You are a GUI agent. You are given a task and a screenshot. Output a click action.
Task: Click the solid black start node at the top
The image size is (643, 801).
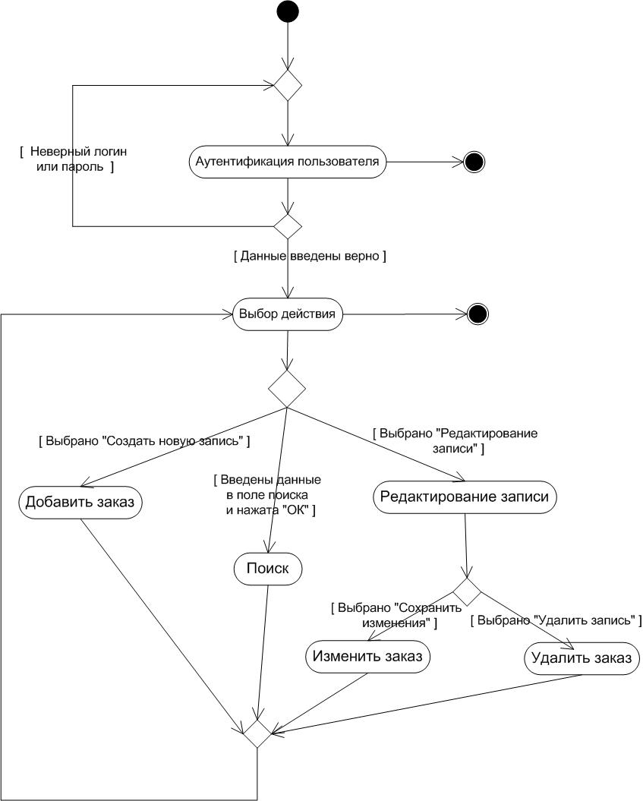[x=288, y=11]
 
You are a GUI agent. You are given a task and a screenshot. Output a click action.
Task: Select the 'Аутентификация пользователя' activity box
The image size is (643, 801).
[x=288, y=162]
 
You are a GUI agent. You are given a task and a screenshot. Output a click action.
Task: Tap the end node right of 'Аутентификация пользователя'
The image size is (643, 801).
[x=474, y=162]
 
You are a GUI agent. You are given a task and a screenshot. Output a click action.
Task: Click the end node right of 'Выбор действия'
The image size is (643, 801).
[x=478, y=314]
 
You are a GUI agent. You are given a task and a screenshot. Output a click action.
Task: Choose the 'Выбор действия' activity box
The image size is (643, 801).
[x=287, y=314]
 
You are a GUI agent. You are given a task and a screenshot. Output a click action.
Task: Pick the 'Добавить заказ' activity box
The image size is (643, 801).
[x=80, y=502]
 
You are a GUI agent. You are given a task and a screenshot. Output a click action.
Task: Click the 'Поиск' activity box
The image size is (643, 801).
[x=268, y=569]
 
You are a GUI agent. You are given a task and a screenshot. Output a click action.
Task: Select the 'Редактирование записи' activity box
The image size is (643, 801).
[x=465, y=497]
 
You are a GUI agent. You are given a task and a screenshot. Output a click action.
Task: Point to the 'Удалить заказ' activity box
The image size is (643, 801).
[x=582, y=658]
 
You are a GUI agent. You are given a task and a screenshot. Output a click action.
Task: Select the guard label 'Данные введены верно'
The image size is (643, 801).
[x=310, y=257]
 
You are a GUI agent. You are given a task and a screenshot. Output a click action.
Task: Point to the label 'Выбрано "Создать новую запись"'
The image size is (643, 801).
[x=144, y=440]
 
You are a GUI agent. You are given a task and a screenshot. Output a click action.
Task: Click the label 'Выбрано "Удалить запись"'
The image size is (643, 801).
[x=556, y=620]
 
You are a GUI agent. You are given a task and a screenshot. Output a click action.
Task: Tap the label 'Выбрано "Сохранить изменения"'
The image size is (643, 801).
[x=386, y=615]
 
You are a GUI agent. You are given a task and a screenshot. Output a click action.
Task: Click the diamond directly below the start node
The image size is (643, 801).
[x=288, y=85]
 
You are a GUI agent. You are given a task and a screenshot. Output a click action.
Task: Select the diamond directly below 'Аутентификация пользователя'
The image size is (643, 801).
[x=288, y=225]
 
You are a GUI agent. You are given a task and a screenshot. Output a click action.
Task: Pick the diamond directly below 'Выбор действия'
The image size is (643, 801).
[x=287, y=389]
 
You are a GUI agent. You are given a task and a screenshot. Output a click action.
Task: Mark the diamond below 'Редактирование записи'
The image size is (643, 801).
[x=467, y=591]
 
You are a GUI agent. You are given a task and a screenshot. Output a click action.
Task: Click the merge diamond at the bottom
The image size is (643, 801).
[x=257, y=733]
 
